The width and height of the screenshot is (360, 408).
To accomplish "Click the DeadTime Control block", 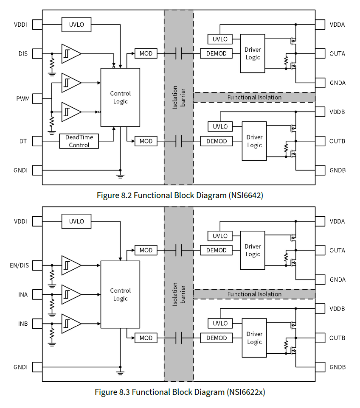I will click(79, 141).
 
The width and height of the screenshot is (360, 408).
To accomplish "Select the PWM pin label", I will click(23, 99).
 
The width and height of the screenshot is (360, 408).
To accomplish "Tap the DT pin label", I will click(23, 141).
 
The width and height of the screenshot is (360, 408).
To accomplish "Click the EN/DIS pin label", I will click(20, 266).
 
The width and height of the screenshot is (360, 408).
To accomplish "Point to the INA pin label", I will click(23, 295).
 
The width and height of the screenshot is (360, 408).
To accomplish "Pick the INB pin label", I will click(23, 324).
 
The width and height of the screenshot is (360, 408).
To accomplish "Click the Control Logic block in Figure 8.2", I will click(120, 98).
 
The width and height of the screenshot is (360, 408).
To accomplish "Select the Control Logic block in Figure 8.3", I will click(120, 294).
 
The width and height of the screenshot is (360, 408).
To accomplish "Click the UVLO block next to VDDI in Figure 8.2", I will click(76, 25).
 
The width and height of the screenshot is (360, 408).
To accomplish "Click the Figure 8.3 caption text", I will click(180, 392).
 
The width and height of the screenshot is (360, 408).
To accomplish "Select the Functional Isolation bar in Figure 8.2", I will click(254, 97).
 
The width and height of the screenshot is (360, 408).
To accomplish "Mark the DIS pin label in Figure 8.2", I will click(23, 54).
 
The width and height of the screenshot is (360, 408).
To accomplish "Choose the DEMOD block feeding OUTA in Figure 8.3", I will click(216, 250).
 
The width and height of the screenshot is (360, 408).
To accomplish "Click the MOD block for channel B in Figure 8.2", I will click(146, 141).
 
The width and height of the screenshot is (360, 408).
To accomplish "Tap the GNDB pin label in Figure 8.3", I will click(337, 367).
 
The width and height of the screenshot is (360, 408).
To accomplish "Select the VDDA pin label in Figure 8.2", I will click(337, 25).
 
